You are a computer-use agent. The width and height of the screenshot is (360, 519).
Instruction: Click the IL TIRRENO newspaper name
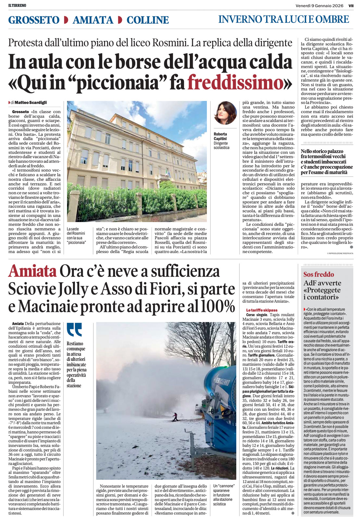coord(17,6)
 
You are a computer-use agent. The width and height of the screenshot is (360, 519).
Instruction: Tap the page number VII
coord(351,6)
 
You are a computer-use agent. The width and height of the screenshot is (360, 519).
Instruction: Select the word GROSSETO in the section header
coord(34,20)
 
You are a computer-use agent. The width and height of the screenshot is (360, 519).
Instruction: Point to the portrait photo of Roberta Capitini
coord(225,113)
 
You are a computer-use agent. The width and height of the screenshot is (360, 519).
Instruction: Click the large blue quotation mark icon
coord(74,330)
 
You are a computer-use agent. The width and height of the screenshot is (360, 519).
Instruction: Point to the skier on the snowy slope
coord(175,416)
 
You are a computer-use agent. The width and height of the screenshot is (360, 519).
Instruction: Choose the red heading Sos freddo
coord(318,274)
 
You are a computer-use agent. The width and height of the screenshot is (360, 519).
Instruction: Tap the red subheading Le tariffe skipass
coord(262,310)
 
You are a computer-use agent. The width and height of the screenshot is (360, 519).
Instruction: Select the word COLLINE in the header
coord(147,20)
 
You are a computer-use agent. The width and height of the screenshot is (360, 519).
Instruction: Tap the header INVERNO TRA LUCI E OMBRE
coord(283,19)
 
